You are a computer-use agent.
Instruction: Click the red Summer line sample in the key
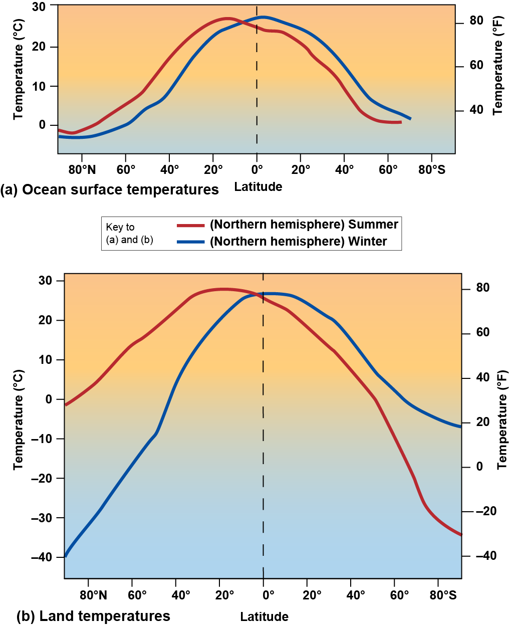pos(190,226)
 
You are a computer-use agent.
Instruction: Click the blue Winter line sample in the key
pos(190,242)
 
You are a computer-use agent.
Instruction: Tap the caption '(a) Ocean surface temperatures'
pos(110,190)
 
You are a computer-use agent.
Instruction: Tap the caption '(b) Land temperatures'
pos(93,616)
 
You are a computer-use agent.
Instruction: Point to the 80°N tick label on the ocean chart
pos(82,169)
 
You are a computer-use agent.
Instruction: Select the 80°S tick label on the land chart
pos(443,595)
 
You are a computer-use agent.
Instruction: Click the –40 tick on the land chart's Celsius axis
pos(42,557)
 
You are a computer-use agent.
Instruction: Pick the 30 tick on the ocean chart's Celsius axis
pos(39,7)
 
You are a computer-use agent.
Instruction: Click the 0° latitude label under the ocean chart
pos(257,169)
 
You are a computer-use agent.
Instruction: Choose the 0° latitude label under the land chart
pos(268,595)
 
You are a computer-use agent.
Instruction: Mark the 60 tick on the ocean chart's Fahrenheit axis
pos(476,66)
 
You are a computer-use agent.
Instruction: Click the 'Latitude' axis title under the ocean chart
pos(258,187)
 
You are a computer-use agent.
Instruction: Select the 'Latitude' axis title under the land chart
pos(264,616)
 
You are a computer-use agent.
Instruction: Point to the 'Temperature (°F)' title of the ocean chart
pos(497,65)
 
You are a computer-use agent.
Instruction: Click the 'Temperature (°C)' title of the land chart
pos(19,420)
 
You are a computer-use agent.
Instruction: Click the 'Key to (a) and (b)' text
pos(129,234)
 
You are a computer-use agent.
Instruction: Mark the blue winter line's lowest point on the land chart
pos(65,556)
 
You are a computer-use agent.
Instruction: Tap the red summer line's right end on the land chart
pos(460,534)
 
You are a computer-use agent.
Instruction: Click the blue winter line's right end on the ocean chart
pos(410,119)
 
